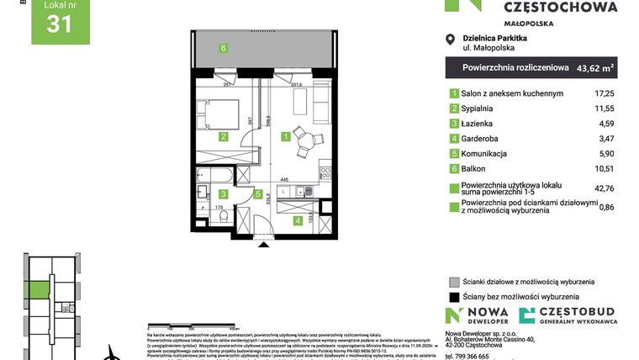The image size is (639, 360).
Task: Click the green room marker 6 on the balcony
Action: tap(224, 48)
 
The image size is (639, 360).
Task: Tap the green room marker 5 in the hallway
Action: tap(258, 194)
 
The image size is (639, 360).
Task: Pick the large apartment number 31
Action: tap(59, 25)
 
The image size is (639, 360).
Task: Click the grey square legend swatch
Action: tap(454, 282)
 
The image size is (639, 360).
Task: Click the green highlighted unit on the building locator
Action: tap(37, 292)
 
